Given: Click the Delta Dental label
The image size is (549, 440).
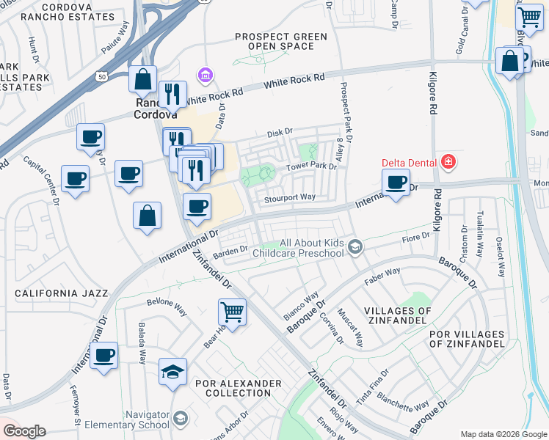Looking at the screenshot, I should (x=409, y=162).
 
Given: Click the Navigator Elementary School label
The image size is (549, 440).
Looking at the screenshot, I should (x=126, y=419).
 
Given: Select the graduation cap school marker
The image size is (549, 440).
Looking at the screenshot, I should (x=173, y=371).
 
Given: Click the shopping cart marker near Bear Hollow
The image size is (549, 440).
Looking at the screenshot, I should (x=233, y=311).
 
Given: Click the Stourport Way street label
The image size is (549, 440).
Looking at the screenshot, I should (x=290, y=197).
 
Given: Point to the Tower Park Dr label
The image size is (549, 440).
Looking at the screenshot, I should (x=310, y=166).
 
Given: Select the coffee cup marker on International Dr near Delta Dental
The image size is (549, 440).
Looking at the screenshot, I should (x=396, y=183).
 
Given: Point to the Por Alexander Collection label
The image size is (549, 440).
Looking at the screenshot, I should (x=239, y=388).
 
